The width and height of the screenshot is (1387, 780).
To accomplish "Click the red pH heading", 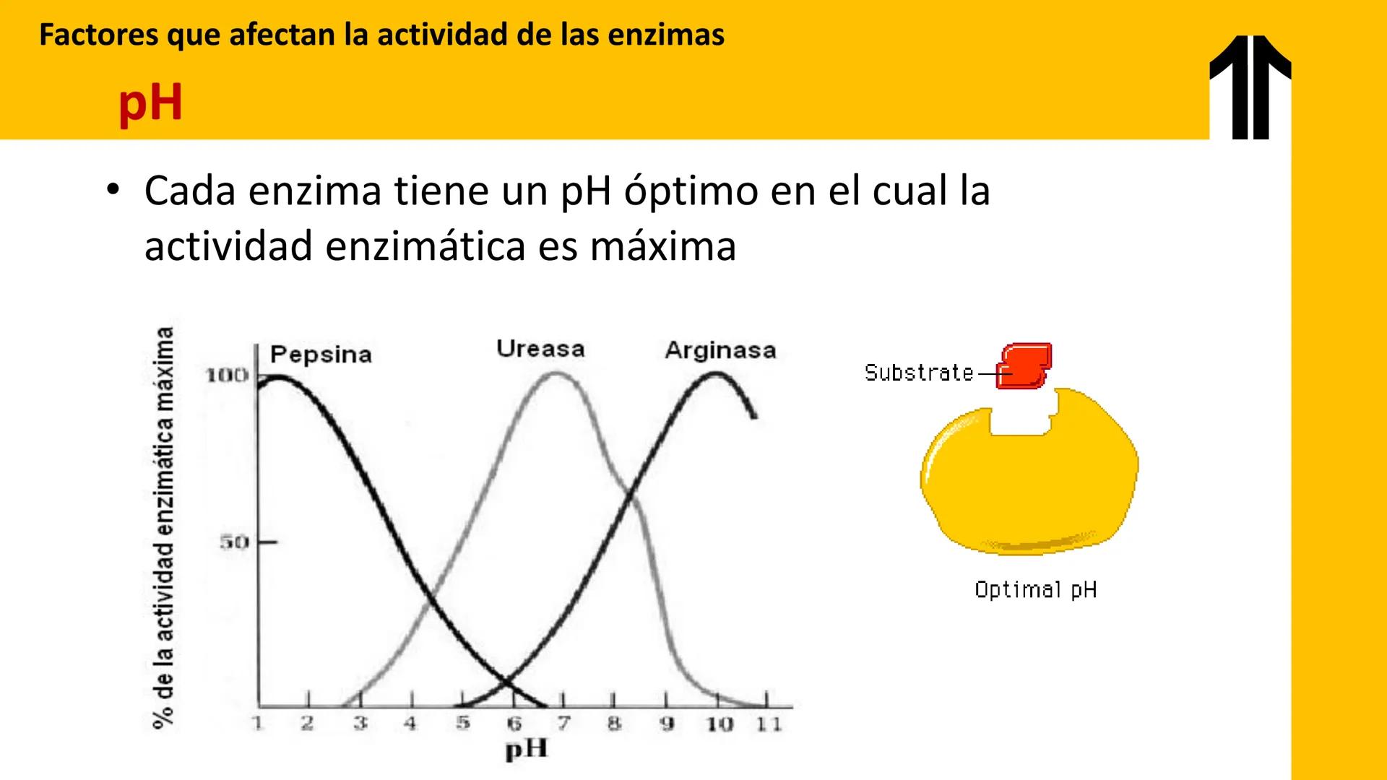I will pos(150,103).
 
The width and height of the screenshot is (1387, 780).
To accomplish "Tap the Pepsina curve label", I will pos(321,355).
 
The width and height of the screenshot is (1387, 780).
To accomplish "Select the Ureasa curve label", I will pos(540,349).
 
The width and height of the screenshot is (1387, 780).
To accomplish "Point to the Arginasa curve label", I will pos(720,350).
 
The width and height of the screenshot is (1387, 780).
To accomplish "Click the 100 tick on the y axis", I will pos(227,375).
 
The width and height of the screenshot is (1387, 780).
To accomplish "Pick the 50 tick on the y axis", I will pos(234,542).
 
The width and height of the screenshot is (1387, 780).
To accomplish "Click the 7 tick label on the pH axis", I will pos(563,723).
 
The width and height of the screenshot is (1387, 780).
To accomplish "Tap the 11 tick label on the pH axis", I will pos(769,724).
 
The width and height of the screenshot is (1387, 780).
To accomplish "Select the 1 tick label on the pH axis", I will pos(257,723).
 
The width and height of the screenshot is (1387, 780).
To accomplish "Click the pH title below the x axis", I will pos(526,749).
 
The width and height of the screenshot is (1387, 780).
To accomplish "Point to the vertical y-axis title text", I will pos(164,527).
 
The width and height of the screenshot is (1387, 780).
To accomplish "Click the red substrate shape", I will pos(1024,366).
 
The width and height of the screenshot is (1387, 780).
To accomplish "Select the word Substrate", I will pos(919,373).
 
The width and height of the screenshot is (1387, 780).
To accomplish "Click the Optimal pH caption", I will pos(1035,590).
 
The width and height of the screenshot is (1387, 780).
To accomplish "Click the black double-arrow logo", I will pos(1250,87).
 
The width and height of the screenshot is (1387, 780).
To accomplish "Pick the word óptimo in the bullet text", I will pos(691,191).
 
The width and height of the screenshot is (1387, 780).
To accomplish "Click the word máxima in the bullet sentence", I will pos(662,246).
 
